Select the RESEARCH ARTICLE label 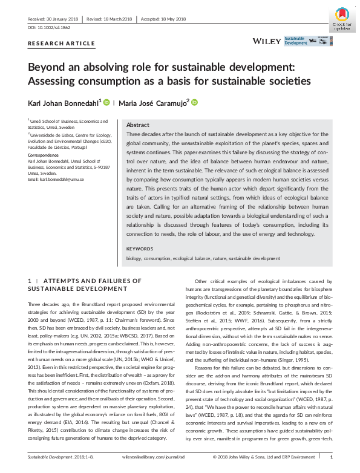[x=61, y=44]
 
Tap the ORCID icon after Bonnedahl [x=106, y=103]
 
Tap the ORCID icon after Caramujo [x=195, y=103]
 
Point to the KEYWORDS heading [x=140, y=249]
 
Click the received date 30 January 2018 [x=62, y=18]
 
